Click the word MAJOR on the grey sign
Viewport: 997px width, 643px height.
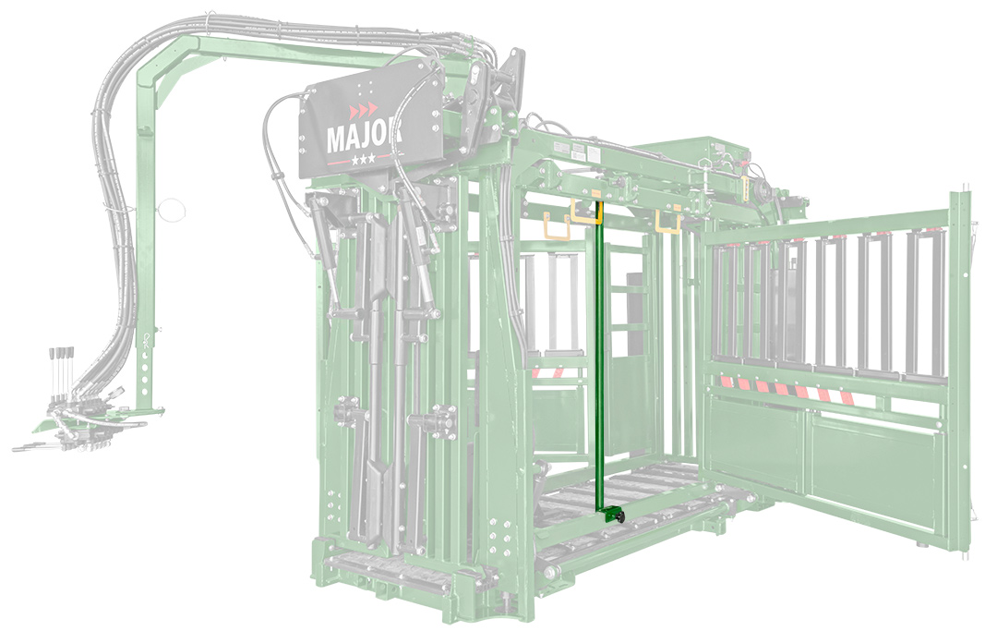(364, 136)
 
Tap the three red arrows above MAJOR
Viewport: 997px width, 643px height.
(363, 111)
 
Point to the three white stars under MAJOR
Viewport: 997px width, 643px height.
(363, 159)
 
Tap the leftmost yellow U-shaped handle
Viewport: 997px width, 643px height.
(557, 227)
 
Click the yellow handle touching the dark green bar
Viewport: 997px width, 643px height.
(585, 211)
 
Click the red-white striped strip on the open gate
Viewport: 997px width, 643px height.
(784, 389)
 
